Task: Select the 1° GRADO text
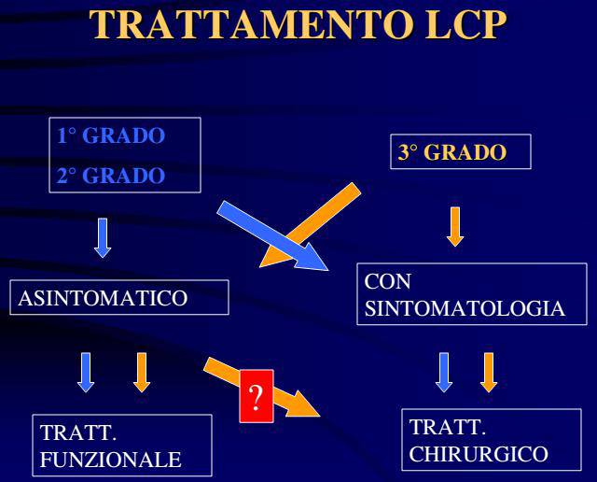click(x=111, y=135)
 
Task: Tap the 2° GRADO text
click(x=111, y=176)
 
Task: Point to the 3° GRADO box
click(x=461, y=151)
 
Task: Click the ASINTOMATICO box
click(x=119, y=297)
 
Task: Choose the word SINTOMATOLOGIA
click(x=465, y=308)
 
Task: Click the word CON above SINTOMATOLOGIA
click(x=388, y=282)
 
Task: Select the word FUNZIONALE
click(x=110, y=460)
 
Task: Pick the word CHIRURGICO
click(x=479, y=454)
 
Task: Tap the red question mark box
click(x=257, y=396)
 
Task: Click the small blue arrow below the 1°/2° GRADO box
click(x=103, y=238)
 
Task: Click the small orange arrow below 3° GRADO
click(x=455, y=226)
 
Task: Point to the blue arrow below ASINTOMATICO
click(x=86, y=372)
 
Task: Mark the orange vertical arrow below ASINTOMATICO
click(x=142, y=372)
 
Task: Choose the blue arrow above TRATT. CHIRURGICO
click(x=444, y=372)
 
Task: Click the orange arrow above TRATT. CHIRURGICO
click(x=489, y=372)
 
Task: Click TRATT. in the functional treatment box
click(x=78, y=432)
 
